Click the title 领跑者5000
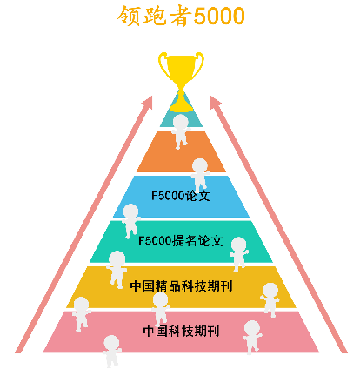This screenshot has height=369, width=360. click(181, 16)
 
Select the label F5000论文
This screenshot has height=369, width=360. click(180, 196)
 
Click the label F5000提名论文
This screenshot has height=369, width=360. click(180, 241)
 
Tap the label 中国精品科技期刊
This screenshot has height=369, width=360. click(181, 286)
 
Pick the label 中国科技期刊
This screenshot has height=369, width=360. click(181, 331)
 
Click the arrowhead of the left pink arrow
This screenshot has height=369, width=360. click(148, 103)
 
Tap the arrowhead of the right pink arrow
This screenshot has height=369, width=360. click(215, 103)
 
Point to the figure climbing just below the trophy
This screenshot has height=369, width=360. click(180, 131)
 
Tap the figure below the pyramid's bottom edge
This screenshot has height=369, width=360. click(111, 352)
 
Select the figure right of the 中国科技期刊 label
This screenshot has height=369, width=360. click(252, 337)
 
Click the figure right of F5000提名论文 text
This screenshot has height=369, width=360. click(239, 254)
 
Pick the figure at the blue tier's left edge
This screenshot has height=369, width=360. click(130, 220)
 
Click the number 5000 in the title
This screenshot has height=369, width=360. click(219, 17)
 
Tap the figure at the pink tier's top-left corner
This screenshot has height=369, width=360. click(81, 314)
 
